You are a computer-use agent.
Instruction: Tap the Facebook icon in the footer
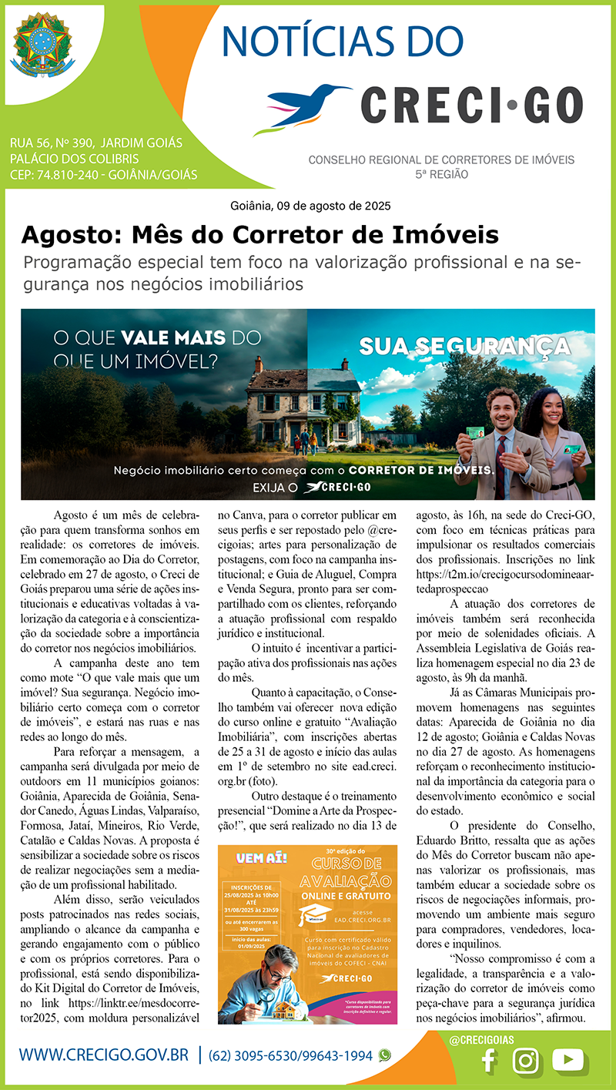[x=487, y=1061]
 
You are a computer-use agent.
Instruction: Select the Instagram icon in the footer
[x=527, y=1061]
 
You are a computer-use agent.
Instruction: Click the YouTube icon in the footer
[x=569, y=1060]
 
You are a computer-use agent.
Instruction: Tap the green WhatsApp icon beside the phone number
[x=385, y=1055]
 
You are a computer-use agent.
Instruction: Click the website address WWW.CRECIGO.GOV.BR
[x=103, y=1055]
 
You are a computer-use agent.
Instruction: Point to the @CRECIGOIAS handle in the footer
[x=481, y=1039]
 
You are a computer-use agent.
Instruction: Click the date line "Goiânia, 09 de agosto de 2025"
[x=310, y=206]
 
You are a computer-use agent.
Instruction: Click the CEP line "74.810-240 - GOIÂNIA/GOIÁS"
[x=103, y=175]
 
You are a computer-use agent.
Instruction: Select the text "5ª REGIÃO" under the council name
[x=441, y=174]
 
